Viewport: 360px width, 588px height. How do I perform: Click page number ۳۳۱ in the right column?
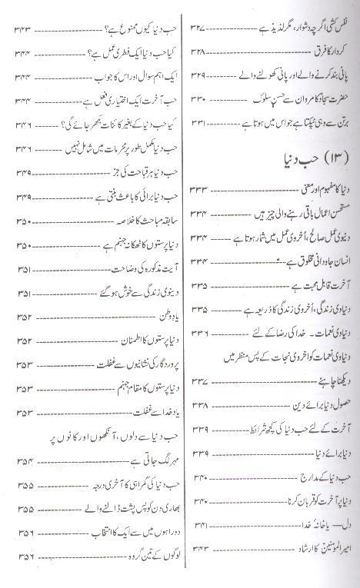(x=201, y=122)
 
